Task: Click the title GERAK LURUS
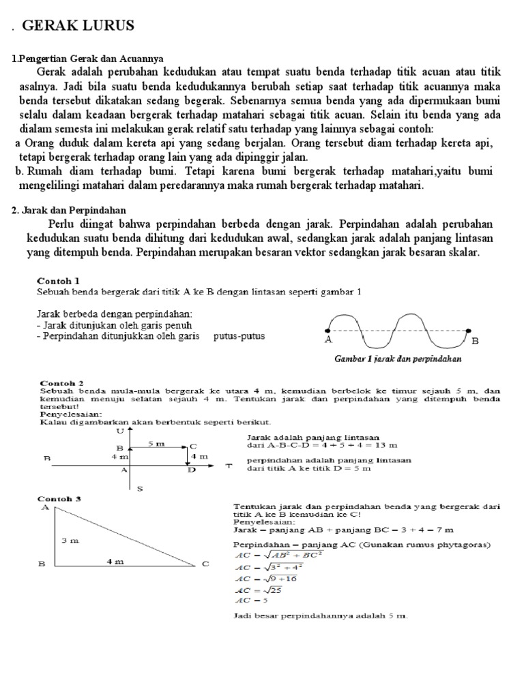78,26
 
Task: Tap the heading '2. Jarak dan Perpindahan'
69,211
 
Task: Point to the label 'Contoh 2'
62,383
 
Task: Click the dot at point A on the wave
328,330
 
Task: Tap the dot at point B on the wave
468,330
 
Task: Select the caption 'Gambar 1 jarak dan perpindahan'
398,358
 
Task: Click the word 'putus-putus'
239,336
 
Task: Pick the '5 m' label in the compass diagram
157,444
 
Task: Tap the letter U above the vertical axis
121,431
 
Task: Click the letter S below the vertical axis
140,488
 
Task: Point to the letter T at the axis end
229,466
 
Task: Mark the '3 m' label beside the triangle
70,540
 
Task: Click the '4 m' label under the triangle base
115,562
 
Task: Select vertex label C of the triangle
204,564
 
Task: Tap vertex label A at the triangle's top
45,507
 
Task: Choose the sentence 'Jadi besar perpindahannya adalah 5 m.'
320,616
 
